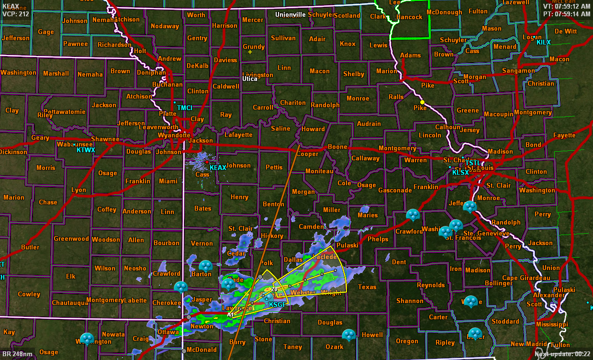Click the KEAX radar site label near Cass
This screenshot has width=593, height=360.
[x=218, y=168]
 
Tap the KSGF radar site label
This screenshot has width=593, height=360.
[x=277, y=304]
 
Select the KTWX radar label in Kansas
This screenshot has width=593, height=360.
[x=86, y=150]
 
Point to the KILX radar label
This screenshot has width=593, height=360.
[x=543, y=43]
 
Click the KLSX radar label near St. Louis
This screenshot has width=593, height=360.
[x=460, y=172]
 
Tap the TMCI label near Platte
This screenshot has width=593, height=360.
[x=184, y=108]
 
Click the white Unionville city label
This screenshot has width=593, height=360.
[x=290, y=15]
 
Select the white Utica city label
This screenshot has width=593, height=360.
[x=250, y=79]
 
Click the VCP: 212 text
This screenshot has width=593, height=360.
[x=16, y=13]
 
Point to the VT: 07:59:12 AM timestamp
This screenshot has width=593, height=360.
[x=567, y=7]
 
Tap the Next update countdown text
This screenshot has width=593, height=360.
[x=562, y=354]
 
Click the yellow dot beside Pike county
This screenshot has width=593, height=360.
[x=422, y=102]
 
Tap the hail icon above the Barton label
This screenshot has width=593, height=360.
[x=206, y=265]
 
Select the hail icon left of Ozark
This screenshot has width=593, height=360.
[x=349, y=335]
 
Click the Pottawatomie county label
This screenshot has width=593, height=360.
[x=62, y=112]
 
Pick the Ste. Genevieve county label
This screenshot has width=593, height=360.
[x=485, y=233]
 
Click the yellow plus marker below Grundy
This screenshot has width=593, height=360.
[x=250, y=52]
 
